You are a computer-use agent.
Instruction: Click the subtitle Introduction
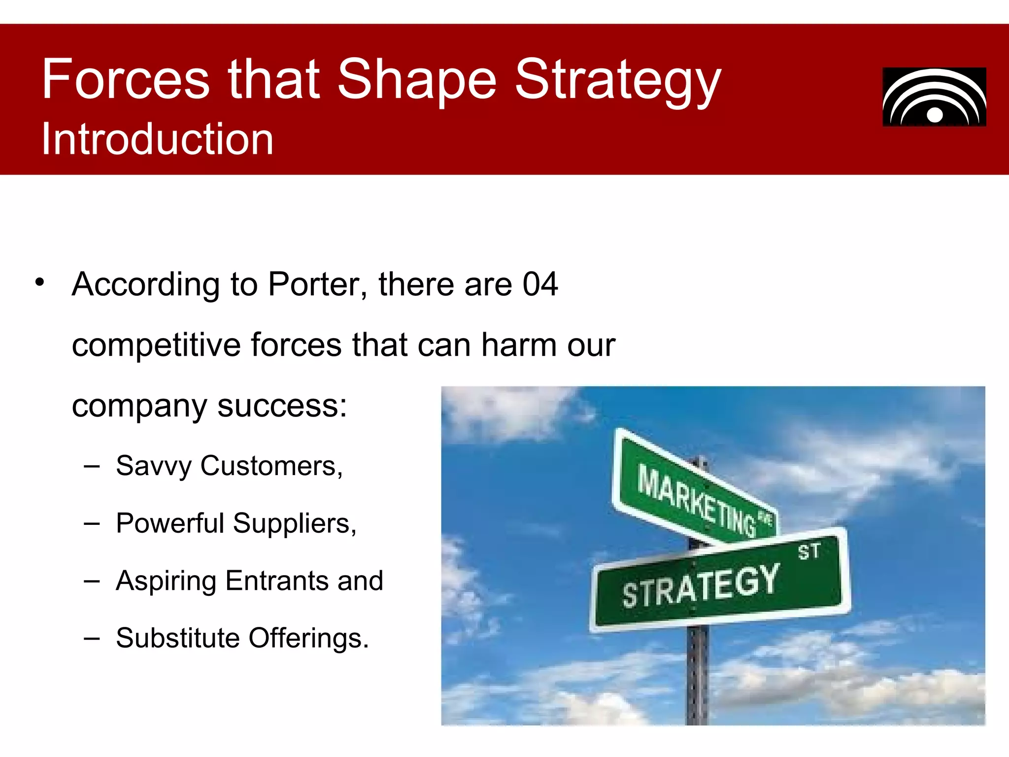(x=157, y=139)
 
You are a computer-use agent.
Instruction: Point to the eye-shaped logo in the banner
(x=934, y=97)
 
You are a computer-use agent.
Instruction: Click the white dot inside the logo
(x=935, y=115)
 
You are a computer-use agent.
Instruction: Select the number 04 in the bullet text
(x=540, y=284)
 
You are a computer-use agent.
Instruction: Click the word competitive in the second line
(x=156, y=345)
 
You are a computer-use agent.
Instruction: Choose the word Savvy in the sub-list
(x=154, y=466)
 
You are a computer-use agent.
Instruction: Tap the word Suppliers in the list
(x=294, y=523)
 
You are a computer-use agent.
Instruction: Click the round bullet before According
(x=40, y=282)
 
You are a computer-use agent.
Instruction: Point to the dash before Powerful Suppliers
(x=92, y=523)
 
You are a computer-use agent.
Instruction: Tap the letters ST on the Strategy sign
(x=808, y=551)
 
